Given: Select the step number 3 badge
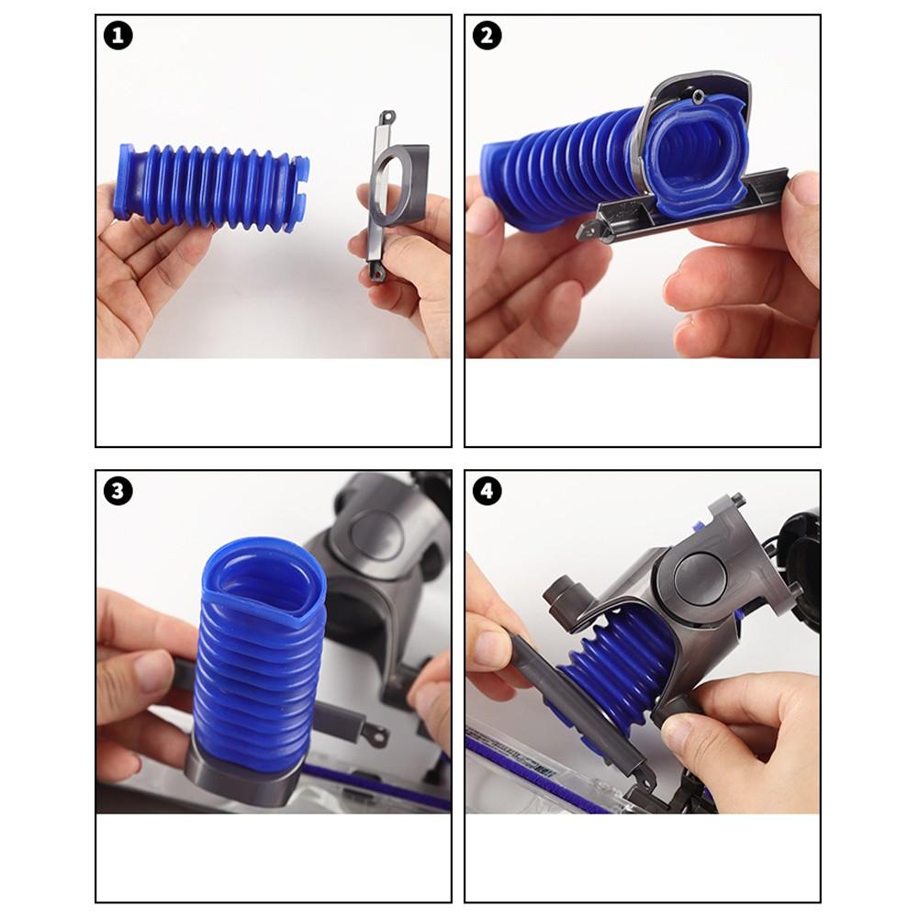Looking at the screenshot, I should [118, 491].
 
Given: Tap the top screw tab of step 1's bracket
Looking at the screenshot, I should [387, 118].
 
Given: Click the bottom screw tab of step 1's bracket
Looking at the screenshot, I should [376, 271].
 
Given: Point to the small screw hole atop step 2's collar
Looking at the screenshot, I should [700, 94].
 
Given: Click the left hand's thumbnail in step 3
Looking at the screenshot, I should [151, 670].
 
